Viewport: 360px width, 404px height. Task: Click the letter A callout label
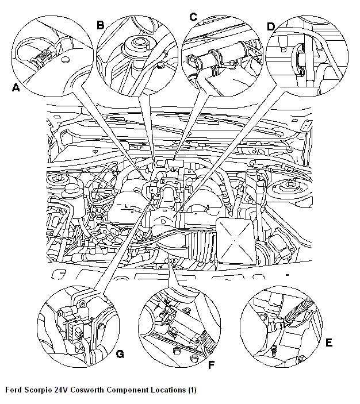click(15, 88)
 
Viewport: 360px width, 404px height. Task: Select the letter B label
click(100, 25)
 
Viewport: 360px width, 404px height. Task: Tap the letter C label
click(193, 18)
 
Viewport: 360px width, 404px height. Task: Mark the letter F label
click(211, 364)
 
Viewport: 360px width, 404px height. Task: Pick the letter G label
click(120, 354)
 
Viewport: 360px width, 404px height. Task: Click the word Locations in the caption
click(166, 390)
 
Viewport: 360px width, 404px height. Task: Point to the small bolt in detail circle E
click(274, 348)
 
